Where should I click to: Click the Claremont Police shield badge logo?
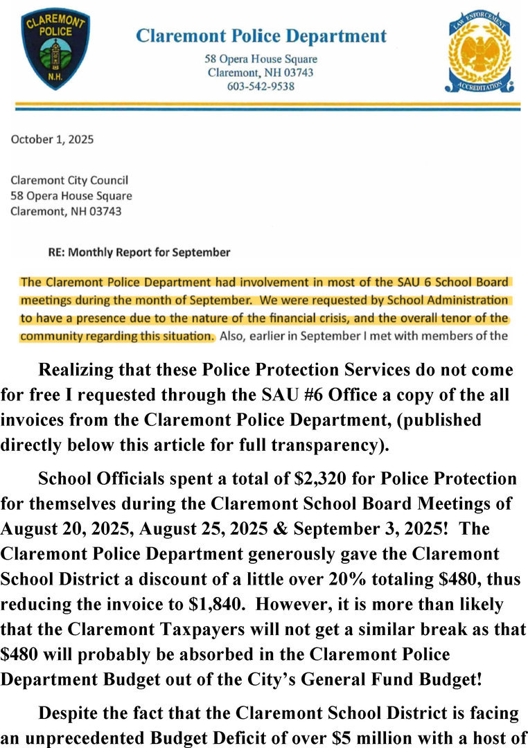click(x=55, y=48)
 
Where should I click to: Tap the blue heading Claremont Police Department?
click(x=261, y=36)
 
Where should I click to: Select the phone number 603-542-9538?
click(x=261, y=86)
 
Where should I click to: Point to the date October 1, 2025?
click(x=52, y=139)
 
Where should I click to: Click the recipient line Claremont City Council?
click(x=69, y=181)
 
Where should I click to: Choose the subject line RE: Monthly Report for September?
click(x=139, y=252)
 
